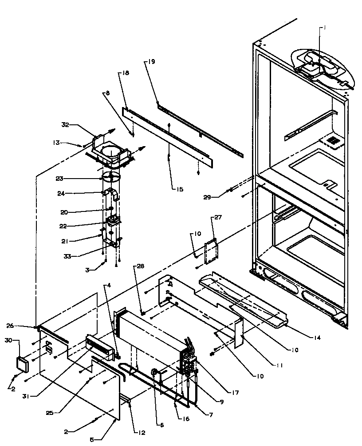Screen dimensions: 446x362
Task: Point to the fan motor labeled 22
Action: [x=113, y=221]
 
